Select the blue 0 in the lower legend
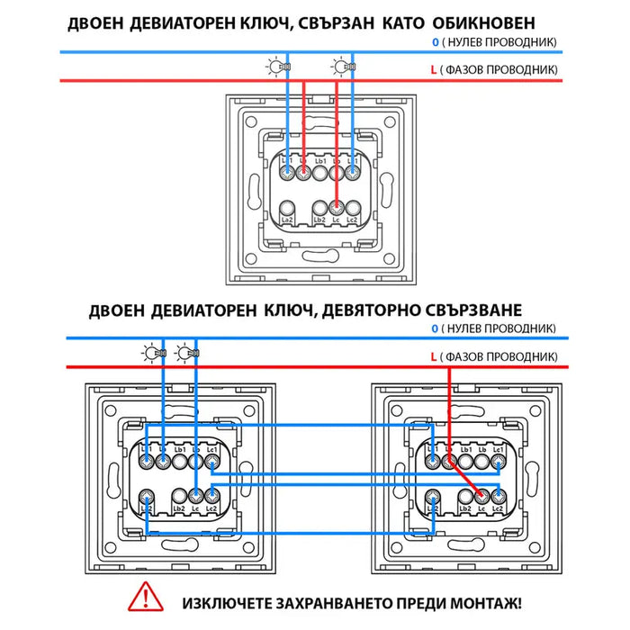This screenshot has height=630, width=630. click(434, 329)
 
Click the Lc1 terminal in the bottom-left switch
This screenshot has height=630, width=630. click(212, 463)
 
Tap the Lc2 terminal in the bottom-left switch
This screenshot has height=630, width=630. click(212, 495)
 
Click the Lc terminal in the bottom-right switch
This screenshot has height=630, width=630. click(481, 495)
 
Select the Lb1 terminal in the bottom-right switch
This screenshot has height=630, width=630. click(465, 463)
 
